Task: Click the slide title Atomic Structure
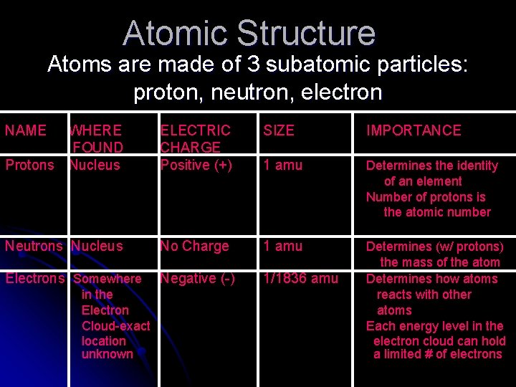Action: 249,33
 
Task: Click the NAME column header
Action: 26,130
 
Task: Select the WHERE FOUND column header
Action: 96,138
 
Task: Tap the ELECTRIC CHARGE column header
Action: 196,138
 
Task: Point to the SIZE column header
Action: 279,130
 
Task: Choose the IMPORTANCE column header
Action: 414,130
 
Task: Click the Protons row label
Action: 29,165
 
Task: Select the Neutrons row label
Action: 34,246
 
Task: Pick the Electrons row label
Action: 35,278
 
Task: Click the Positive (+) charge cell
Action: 196,165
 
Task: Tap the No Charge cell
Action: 194,246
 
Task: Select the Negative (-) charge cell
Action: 198,279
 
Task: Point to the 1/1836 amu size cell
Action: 301,278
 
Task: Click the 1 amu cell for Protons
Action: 283,165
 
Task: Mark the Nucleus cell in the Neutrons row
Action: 97,246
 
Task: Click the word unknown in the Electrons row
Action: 107,354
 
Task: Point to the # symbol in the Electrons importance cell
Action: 428,354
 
